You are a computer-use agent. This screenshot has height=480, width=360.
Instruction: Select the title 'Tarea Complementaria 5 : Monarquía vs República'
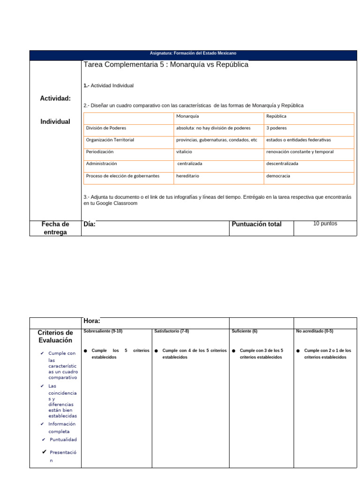[x=165, y=65]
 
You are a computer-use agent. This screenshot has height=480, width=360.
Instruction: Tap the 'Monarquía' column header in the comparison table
[x=187, y=116]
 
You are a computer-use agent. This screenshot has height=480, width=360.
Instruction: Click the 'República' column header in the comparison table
[x=276, y=116]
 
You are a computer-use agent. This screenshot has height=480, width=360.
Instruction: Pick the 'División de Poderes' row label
[x=106, y=128]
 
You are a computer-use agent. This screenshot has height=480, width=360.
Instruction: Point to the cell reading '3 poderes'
[x=277, y=128]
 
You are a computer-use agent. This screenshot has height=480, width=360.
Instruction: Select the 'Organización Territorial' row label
[x=110, y=140]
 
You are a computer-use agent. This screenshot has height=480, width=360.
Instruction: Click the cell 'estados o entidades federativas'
[x=299, y=140]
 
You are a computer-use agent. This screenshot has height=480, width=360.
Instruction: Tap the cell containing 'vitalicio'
[x=184, y=152]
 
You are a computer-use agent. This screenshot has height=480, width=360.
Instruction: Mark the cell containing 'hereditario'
[x=187, y=176]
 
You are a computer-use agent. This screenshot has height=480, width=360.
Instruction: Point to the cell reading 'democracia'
[x=278, y=176]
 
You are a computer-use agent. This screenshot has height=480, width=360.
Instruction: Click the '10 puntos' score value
[x=325, y=224]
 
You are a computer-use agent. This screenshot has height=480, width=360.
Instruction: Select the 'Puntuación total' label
[x=256, y=224]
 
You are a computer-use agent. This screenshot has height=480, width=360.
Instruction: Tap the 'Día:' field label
[x=89, y=224]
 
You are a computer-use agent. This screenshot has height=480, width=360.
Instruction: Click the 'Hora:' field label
[x=91, y=321]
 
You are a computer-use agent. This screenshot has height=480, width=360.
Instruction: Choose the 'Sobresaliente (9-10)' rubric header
[x=103, y=331]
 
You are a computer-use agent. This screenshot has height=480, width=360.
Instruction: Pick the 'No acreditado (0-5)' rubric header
[x=315, y=331]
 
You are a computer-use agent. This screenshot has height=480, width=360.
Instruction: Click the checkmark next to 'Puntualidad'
[x=43, y=440]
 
